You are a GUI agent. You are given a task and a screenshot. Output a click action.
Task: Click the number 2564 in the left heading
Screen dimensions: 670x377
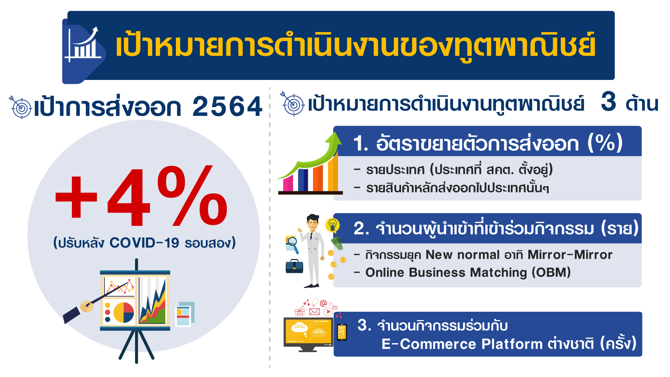227,106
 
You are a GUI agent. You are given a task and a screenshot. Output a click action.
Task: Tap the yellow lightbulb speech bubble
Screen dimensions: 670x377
333,225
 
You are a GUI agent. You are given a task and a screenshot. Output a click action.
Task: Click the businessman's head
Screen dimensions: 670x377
313,222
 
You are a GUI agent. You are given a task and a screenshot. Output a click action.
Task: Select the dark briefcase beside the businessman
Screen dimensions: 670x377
295,266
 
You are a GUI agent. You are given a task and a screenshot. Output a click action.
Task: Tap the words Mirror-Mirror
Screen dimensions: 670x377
570,254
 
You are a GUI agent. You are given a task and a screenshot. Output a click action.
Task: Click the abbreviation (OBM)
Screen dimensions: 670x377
551,272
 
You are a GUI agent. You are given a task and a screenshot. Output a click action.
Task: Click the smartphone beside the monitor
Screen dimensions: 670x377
342,332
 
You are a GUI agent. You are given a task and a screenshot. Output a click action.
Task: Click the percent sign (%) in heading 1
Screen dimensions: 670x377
605,143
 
